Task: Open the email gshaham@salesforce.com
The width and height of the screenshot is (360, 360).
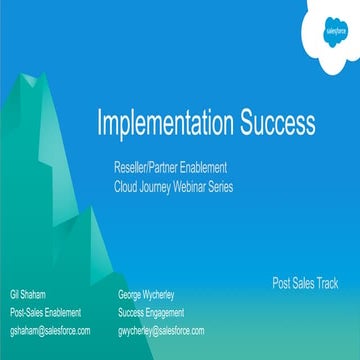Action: [x=50, y=330]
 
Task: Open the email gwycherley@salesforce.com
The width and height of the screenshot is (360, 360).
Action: [x=161, y=330]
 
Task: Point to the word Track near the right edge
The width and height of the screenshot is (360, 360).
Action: [x=325, y=283]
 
